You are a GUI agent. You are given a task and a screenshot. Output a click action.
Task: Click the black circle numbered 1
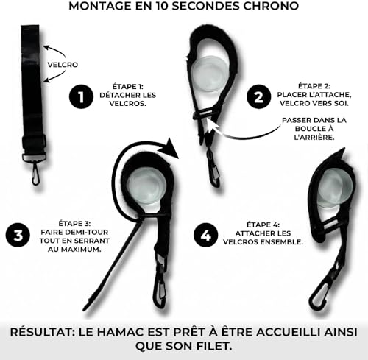tap(81, 96)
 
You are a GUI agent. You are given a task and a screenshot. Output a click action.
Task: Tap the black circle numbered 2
tap(259, 96)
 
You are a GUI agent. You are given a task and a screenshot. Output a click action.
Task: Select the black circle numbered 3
tap(18, 235)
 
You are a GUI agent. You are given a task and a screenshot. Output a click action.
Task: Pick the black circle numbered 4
tap(205, 235)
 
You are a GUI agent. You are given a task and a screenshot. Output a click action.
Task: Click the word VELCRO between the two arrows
tap(63, 65)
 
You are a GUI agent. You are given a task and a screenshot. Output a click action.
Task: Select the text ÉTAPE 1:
tap(127, 87)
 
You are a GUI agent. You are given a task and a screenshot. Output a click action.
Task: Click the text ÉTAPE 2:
tap(314, 86)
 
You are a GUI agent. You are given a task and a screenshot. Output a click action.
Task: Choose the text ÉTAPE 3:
tap(74, 224)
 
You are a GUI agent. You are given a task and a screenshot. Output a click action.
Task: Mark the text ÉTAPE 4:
tap(263, 225)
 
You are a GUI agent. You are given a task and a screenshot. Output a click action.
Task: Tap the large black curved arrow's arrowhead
tap(170, 148)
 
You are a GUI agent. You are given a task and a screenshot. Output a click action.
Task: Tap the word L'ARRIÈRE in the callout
tap(314, 137)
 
